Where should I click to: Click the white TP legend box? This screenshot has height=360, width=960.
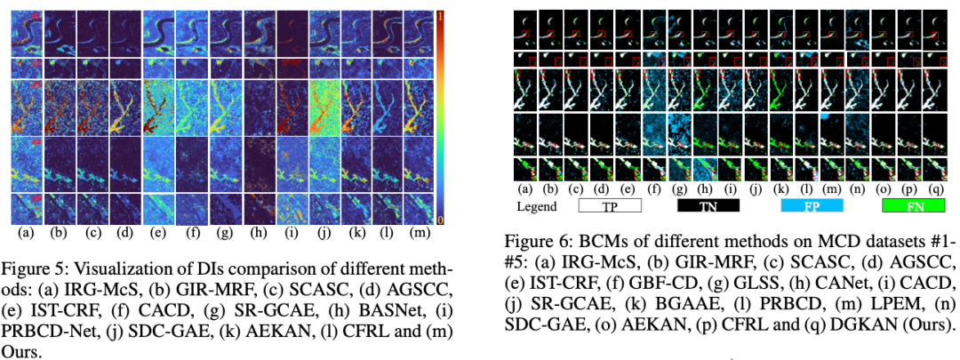click(x=610, y=206)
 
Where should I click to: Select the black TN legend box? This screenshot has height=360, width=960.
click(x=708, y=206)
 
